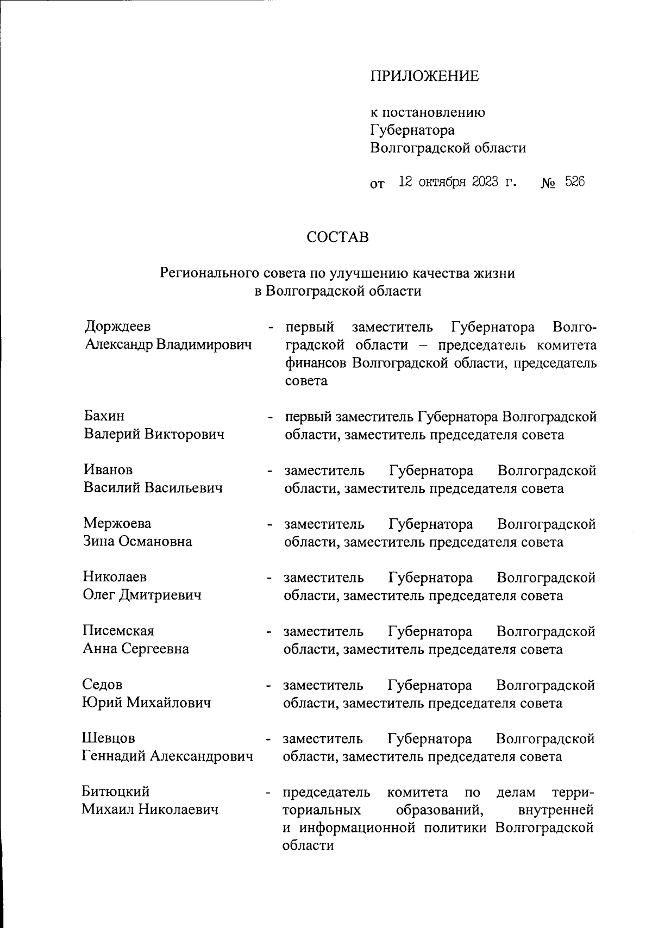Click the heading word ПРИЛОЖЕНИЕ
click(x=424, y=76)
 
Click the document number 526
click(x=574, y=182)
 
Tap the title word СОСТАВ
click(x=337, y=237)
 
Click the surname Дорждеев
click(x=117, y=327)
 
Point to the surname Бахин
click(x=104, y=416)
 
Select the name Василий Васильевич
click(x=153, y=488)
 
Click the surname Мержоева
click(x=117, y=524)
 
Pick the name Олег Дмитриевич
click(x=142, y=595)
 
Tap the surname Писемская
click(x=118, y=631)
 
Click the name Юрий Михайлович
click(x=146, y=703)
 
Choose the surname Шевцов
click(x=108, y=738)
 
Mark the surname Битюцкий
click(x=116, y=792)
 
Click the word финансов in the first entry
click(x=316, y=363)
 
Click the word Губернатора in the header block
click(x=412, y=130)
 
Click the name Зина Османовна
click(x=137, y=541)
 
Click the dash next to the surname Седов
click(x=268, y=686)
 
